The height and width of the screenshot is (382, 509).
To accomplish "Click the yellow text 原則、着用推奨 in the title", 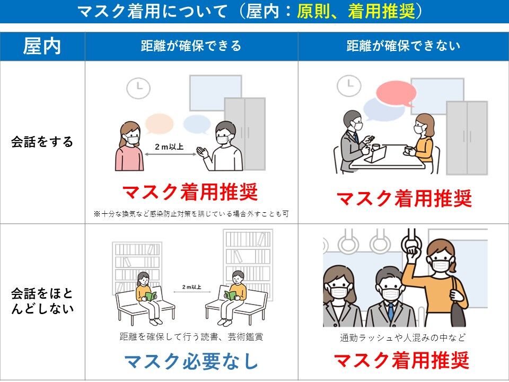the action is click(356, 12).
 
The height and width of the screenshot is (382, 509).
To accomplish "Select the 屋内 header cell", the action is click(42, 46).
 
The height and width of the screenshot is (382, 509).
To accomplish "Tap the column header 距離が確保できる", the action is click(191, 46).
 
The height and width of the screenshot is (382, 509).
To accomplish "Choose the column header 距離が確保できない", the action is click(403, 46).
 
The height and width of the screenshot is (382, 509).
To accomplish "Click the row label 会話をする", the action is click(42, 142).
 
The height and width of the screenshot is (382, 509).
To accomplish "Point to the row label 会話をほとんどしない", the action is click(42, 301).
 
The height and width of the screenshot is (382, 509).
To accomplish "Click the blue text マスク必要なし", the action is click(191, 361).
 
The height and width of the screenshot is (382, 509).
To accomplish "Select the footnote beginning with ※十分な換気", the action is click(191, 214).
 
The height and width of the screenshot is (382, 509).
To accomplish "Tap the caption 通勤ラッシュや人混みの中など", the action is click(403, 338).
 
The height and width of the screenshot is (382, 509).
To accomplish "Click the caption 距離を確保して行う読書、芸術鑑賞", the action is click(191, 336).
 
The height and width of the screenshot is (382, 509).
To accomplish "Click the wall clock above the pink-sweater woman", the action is click(138, 88).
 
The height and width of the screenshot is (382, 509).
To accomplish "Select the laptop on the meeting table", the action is click(376, 155).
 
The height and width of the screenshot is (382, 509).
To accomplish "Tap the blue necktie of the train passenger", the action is click(391, 311).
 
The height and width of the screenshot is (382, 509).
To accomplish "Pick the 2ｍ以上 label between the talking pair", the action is click(169, 147).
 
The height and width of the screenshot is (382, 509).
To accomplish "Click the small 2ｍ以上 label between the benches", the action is click(191, 287).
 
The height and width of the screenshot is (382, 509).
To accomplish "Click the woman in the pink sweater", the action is click(129, 146).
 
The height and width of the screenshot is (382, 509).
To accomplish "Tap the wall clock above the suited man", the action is click(349, 85).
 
